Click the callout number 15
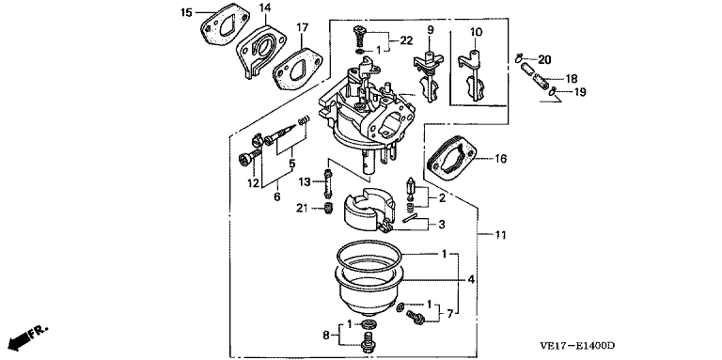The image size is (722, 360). point(186,12)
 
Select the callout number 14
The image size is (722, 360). point(265,8)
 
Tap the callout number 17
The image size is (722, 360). point(302,27)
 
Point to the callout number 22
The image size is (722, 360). point(406,41)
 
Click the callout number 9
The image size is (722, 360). point(431,30)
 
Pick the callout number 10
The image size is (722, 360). point(476,32)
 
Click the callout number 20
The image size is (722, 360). point(544,60)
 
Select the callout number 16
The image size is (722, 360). point(500,159)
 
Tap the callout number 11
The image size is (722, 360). point(500,235)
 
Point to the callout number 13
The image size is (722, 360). point(304,182)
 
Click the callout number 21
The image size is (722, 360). point(302,209)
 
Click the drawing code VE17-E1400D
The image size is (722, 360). point(578,346)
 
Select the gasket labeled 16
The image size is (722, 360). point(452,160)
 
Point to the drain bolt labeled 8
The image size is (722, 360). point(368,341)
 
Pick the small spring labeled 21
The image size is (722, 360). point(327,209)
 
